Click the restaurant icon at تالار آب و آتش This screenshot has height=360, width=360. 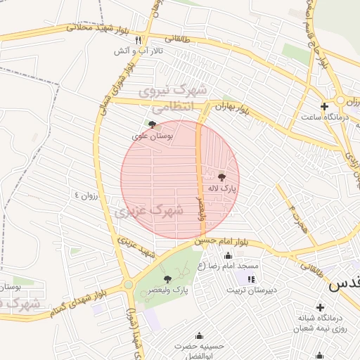[139, 40]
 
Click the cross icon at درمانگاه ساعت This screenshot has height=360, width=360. [323, 107]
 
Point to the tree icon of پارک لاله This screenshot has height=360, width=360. [222, 177]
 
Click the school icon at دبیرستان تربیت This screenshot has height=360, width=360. [251, 279]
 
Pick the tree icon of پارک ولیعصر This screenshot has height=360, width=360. [167, 279]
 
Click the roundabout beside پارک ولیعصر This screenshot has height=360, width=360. [128, 285]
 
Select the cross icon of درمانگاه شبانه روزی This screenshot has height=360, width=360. [320, 307]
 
